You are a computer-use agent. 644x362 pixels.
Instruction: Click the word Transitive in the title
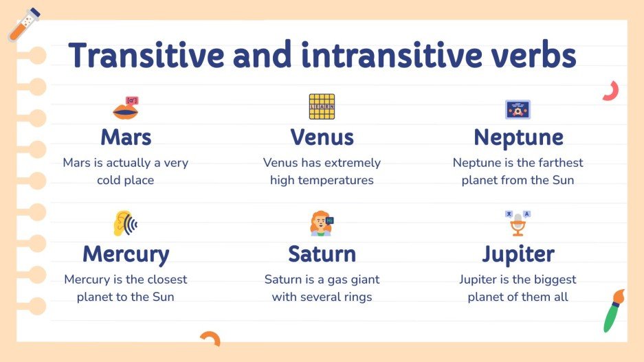tap(144, 55)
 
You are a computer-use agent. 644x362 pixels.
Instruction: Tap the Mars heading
tap(126, 137)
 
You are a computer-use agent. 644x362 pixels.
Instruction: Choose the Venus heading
tap(322, 137)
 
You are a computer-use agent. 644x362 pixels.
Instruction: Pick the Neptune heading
tap(518, 137)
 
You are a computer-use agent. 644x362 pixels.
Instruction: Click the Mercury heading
tap(126, 254)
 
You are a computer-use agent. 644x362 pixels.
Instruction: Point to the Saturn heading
tap(322, 254)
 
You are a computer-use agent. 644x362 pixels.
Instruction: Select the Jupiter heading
tap(518, 254)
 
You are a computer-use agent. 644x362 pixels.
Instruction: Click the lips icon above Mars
tap(126, 108)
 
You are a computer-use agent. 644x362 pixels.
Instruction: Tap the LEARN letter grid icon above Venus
tap(322, 107)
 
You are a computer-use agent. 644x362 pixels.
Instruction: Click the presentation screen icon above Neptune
tap(518, 109)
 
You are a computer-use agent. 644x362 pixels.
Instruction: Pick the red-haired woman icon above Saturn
tap(320, 225)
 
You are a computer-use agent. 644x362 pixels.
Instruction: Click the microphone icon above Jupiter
tap(518, 224)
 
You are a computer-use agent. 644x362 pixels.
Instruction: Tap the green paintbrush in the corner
tap(613, 310)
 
